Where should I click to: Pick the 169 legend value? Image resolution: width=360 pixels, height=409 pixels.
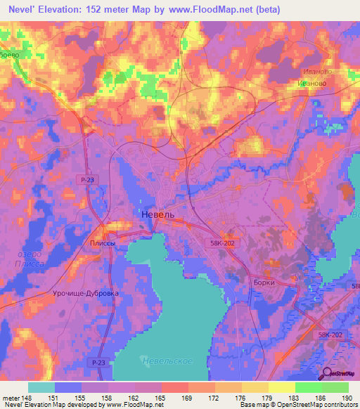(x=188, y=398)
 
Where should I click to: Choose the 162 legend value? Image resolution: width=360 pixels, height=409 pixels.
(x=134, y=398)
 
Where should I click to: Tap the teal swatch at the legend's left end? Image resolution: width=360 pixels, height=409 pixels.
(x=41, y=387)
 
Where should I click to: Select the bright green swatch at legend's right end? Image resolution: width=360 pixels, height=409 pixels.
(x=335, y=387)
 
